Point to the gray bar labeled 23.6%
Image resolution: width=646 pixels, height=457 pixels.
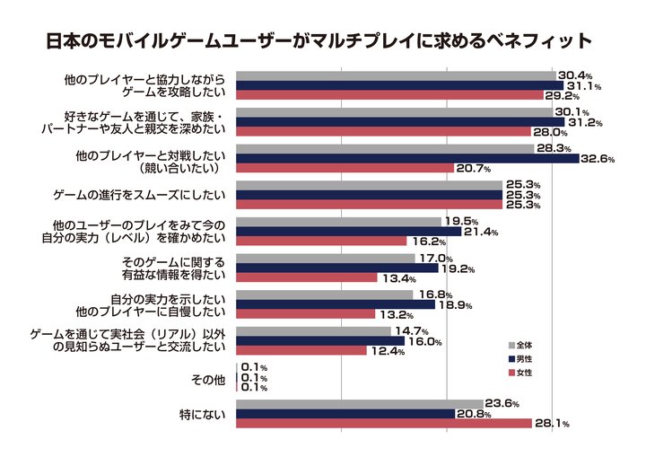click(360, 403)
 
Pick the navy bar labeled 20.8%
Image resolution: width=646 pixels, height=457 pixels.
click(345, 413)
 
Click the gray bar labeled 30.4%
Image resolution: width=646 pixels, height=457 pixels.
click(396, 75)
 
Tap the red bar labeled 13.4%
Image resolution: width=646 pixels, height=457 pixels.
click(306, 277)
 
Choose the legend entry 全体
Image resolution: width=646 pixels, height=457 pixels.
click(524, 345)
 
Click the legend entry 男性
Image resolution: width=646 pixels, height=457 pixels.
click(524, 358)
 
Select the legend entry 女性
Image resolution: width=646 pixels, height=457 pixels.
click(524, 372)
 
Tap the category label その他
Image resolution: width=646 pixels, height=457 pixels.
click(208, 381)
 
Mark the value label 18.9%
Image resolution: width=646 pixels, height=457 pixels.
click(457, 305)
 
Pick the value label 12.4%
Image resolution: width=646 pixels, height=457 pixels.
click(388, 351)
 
